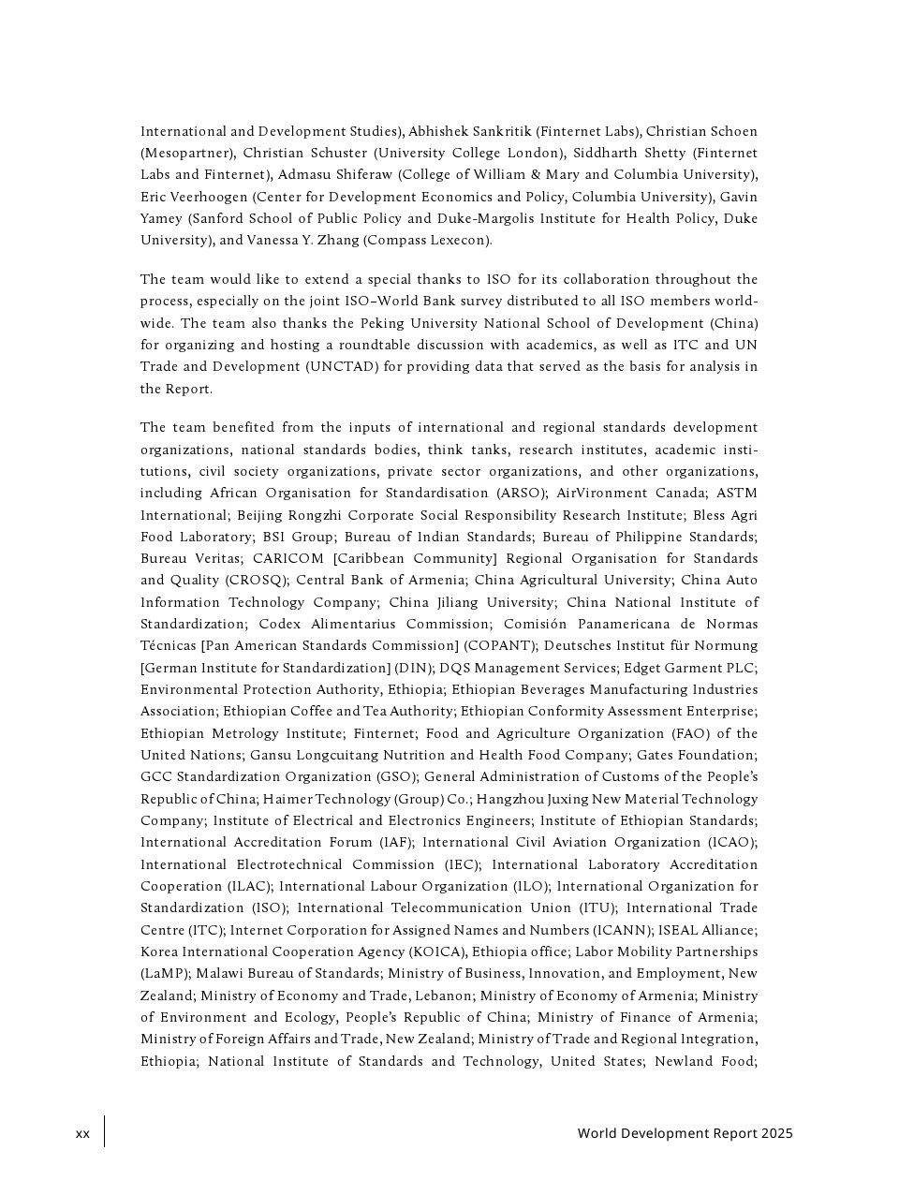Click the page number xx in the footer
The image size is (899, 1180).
click(83, 1134)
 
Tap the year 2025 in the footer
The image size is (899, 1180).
click(776, 1133)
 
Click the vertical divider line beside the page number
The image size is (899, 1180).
click(104, 1131)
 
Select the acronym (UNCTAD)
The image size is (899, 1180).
click(342, 367)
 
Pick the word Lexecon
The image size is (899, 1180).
click(458, 241)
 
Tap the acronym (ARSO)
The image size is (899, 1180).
click(521, 494)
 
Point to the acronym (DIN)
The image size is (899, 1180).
click(412, 668)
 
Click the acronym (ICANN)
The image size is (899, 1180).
click(622, 930)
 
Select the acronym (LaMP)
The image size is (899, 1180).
click(164, 974)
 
